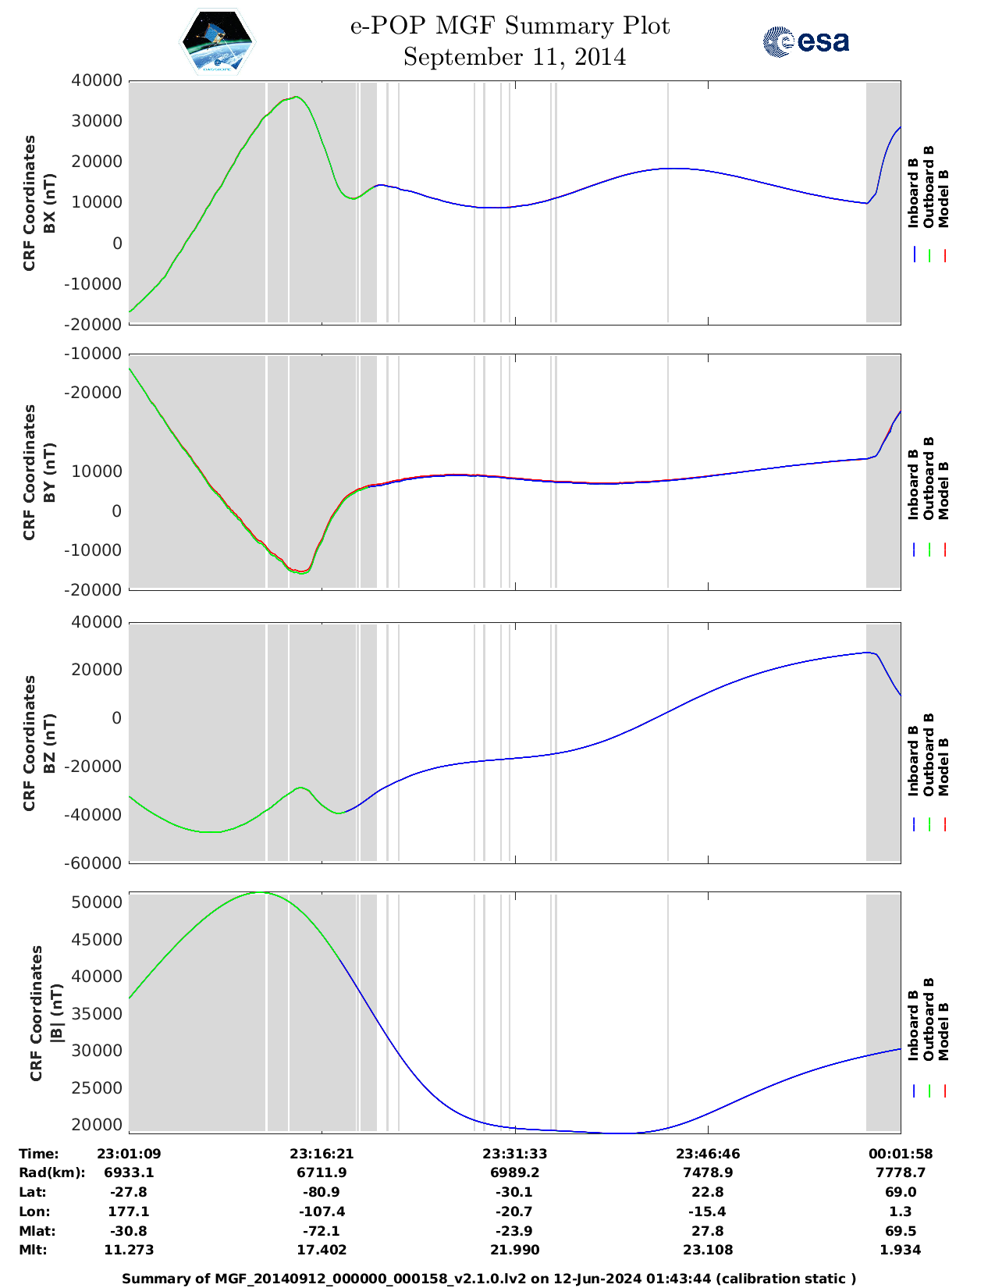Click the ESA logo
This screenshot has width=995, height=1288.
coord(805,41)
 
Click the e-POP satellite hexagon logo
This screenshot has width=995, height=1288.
coord(218,41)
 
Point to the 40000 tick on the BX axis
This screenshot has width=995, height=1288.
coord(97,80)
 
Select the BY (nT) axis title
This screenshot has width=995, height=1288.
coord(49,471)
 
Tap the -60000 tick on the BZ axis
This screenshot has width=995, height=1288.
coord(97,863)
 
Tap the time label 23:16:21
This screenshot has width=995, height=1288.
coord(322,1154)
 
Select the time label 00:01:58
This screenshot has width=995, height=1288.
coord(901,1154)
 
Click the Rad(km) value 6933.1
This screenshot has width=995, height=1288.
coord(129,1172)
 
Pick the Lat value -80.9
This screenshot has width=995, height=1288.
coord(322,1192)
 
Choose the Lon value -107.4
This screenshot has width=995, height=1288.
coord(322,1212)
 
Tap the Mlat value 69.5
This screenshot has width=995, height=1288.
coord(901,1231)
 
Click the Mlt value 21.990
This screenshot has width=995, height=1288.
coord(514,1250)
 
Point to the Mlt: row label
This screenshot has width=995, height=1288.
coord(33,1250)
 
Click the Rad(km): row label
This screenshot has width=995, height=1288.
coord(52,1172)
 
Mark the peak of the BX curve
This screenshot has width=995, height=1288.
coord(295,97)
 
